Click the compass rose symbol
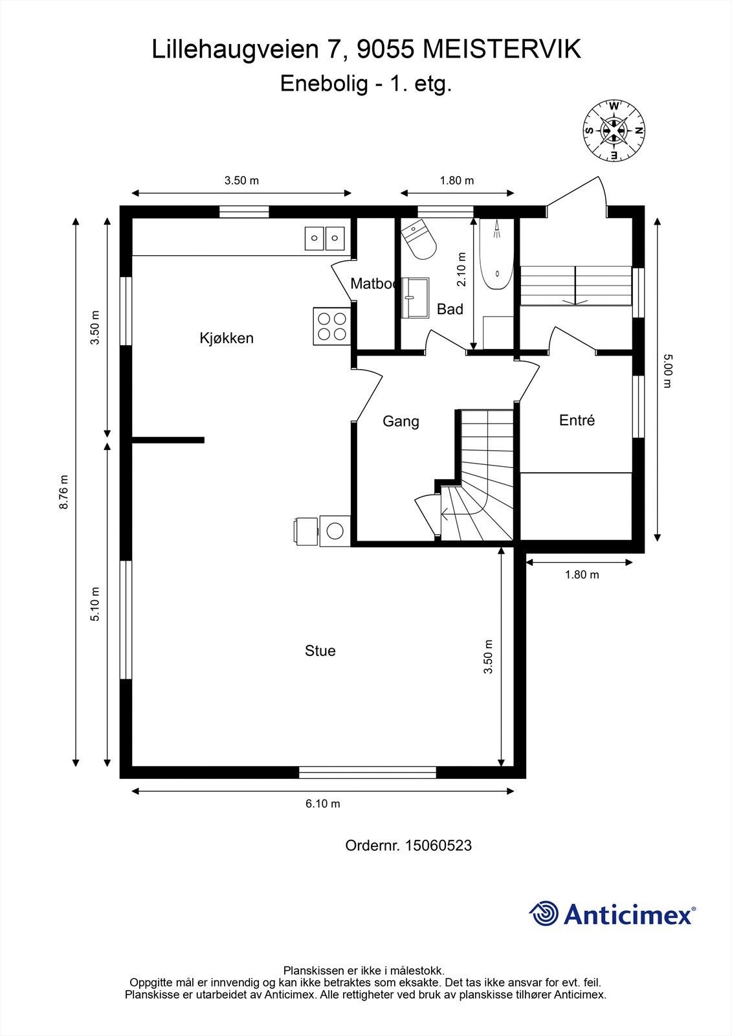tap(613, 130)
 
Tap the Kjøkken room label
tap(227, 339)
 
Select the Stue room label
tap(320, 651)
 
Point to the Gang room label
tap(401, 422)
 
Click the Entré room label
tap(577, 420)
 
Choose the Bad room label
tap(450, 309)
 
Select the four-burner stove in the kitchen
tap(331, 326)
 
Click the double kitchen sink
tap(325, 238)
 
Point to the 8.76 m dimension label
tap(64, 492)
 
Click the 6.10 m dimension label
tap(323, 804)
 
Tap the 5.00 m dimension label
tap(667, 371)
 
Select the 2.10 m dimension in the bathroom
tap(461, 269)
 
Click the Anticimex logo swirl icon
tap(543, 914)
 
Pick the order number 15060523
tap(438, 846)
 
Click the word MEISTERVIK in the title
tap(502, 49)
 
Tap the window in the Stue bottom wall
tap(367, 772)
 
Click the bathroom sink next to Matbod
tap(415, 298)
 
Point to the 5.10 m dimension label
tap(94, 604)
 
